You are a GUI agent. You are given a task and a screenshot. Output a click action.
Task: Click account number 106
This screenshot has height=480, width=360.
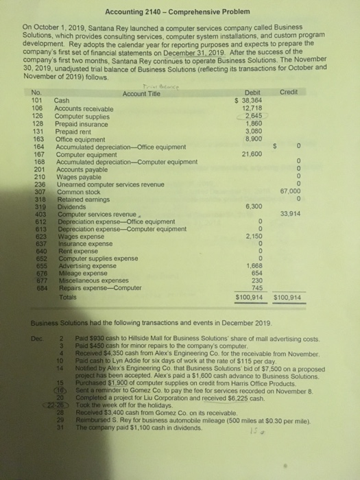point(38,108)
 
